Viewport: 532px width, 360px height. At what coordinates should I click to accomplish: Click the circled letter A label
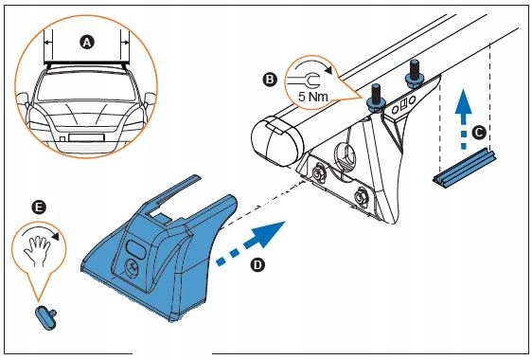click(x=87, y=43)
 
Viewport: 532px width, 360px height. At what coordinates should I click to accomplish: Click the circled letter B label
click(x=270, y=80)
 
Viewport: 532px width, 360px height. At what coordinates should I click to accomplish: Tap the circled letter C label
click(x=479, y=133)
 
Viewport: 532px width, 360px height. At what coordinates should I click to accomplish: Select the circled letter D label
click(x=257, y=264)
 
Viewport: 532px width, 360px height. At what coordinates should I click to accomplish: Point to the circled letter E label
click(x=39, y=207)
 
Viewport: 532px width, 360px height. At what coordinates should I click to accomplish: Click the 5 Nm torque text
click(x=312, y=97)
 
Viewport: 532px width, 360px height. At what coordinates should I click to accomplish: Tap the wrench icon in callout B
click(x=303, y=81)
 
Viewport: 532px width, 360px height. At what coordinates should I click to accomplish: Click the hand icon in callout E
click(x=37, y=251)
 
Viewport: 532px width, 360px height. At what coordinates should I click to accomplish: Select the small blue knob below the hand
click(x=46, y=316)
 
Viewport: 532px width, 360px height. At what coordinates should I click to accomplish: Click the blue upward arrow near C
click(x=463, y=117)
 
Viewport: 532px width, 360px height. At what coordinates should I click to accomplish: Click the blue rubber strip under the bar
click(x=464, y=168)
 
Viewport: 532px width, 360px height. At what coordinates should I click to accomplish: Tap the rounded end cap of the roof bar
click(x=276, y=141)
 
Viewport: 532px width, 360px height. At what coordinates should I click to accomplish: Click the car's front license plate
click(x=86, y=137)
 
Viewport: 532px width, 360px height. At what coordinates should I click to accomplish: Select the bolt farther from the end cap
click(x=414, y=73)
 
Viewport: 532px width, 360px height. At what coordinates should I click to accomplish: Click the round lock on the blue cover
click(x=133, y=267)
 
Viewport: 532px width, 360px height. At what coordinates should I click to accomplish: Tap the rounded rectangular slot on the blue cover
click(x=136, y=248)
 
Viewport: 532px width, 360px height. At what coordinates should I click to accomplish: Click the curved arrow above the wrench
click(x=314, y=65)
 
